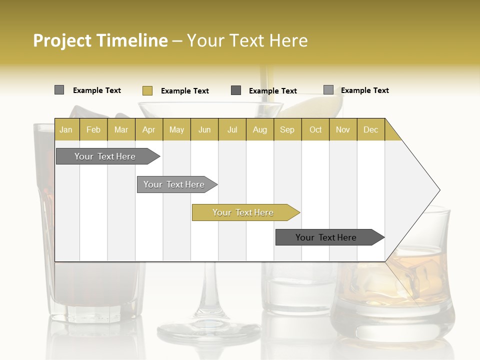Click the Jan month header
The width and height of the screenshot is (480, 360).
(66, 129)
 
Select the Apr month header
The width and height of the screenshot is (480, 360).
(148, 129)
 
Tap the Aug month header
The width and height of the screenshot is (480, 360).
(259, 129)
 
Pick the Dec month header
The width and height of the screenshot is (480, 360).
(370, 129)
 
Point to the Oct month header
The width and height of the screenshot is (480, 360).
(315, 129)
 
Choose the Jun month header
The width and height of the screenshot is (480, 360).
(204, 129)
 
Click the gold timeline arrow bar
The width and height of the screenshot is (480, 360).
(243, 212)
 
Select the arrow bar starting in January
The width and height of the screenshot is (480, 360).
(105, 156)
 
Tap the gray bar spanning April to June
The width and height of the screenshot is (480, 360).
(174, 184)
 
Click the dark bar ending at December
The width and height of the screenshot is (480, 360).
(326, 237)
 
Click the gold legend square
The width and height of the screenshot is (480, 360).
(147, 90)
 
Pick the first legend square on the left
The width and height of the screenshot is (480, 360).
(59, 90)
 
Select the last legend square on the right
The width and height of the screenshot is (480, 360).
(328, 90)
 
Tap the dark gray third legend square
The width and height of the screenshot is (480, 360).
(236, 90)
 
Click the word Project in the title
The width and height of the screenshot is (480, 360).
(62, 40)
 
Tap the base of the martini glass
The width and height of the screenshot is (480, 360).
(208, 331)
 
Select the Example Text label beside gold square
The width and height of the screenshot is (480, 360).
(184, 91)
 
